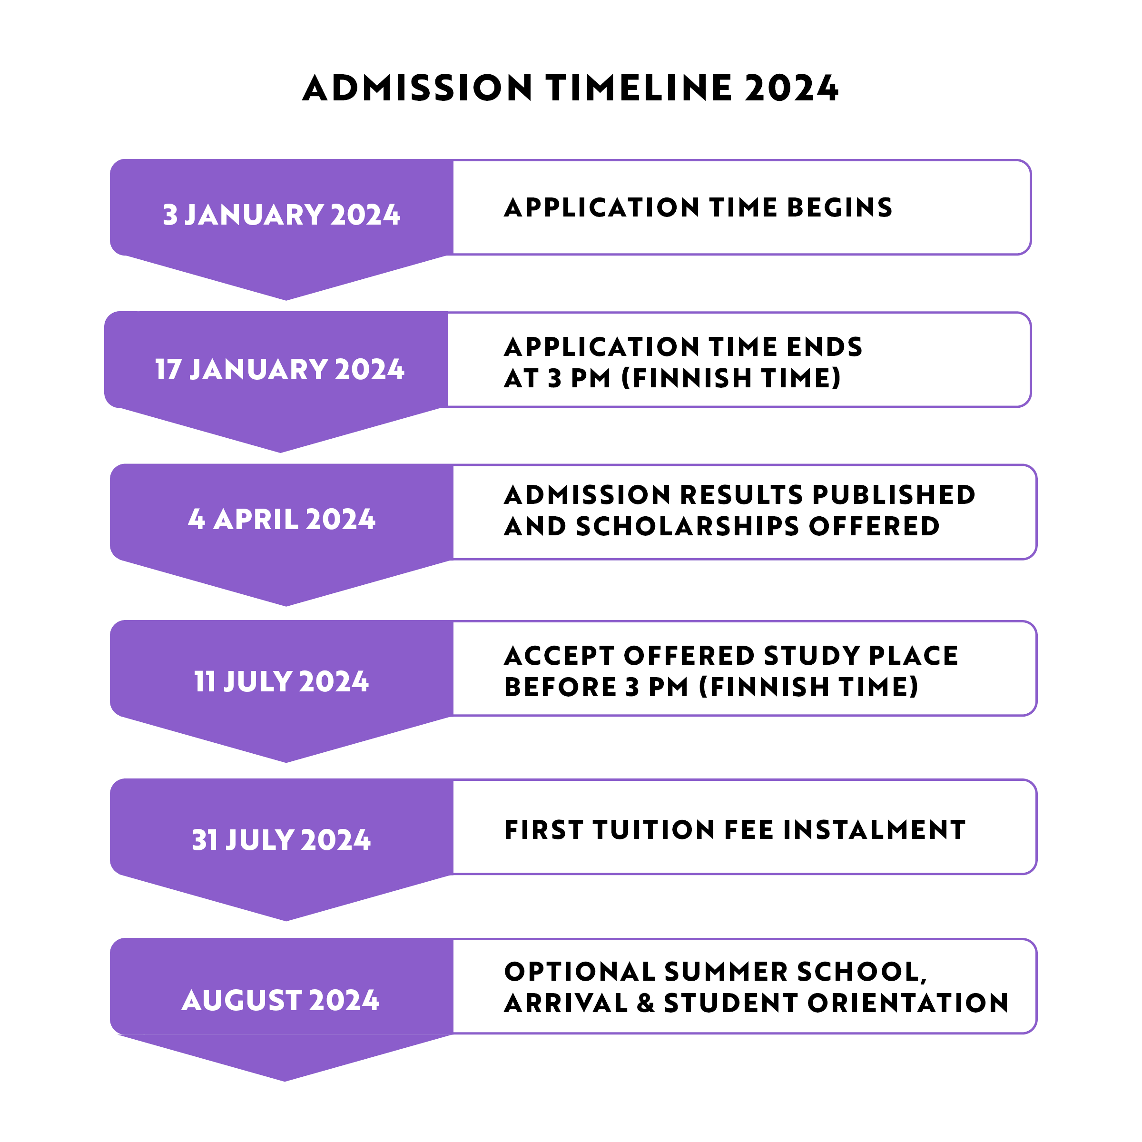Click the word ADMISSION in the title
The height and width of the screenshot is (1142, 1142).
point(417,89)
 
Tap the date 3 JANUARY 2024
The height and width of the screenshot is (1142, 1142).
point(281,215)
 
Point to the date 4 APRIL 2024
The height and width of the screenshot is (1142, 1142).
point(281,520)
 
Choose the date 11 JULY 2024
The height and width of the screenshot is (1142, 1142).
point(281,681)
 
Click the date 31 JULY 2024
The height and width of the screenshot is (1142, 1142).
point(281,840)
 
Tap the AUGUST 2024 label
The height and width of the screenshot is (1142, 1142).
point(280,1001)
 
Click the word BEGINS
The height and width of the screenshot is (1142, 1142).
point(839,207)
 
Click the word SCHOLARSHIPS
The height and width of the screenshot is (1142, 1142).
point(688,527)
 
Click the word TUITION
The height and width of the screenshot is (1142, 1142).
point(654,830)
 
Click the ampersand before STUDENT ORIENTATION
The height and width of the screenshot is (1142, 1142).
point(646,1004)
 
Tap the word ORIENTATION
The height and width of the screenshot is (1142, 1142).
point(908,1004)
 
